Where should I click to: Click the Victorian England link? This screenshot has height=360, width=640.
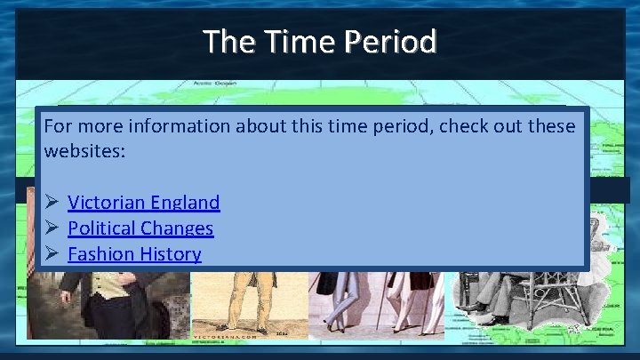coord(143,202)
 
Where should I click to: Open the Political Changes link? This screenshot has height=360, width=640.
coord(140,228)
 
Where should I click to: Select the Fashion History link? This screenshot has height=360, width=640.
coord(134,253)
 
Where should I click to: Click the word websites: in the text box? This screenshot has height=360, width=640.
coord(84,150)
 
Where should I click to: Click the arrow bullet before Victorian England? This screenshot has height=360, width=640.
coord(51,202)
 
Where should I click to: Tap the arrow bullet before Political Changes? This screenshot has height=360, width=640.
coord(51,228)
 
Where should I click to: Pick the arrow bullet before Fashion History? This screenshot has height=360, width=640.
coord(51,253)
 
